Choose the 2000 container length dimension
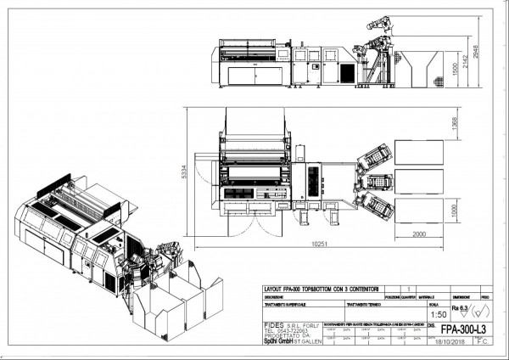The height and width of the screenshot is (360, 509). (x=414, y=233)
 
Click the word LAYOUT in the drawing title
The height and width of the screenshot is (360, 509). (x=274, y=290)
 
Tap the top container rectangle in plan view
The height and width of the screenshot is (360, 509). (x=418, y=154)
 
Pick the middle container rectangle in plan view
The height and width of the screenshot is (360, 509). (x=418, y=181)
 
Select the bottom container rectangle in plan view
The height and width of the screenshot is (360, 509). (x=418, y=209)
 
